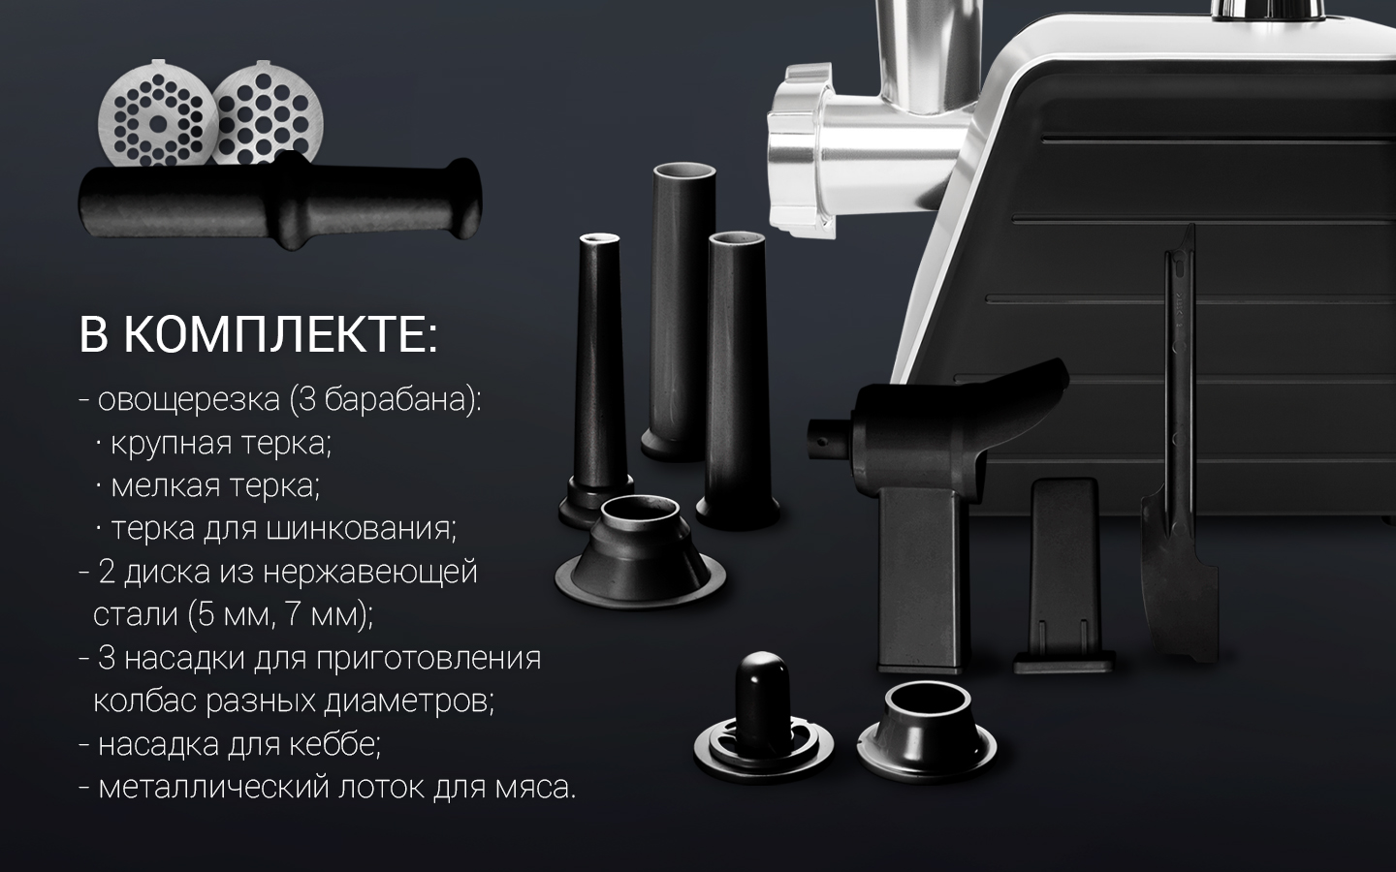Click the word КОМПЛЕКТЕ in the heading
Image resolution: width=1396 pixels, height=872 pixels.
click(280, 335)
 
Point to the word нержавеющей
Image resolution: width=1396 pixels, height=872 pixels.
click(370, 573)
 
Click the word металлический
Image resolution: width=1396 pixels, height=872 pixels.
click(213, 788)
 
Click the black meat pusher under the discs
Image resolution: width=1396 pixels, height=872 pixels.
click(280, 200)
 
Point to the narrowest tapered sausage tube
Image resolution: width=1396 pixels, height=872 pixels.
click(598, 380)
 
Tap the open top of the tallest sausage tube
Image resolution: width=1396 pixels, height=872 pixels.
click(683, 171)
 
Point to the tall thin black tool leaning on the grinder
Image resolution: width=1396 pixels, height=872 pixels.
click(1178, 449)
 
